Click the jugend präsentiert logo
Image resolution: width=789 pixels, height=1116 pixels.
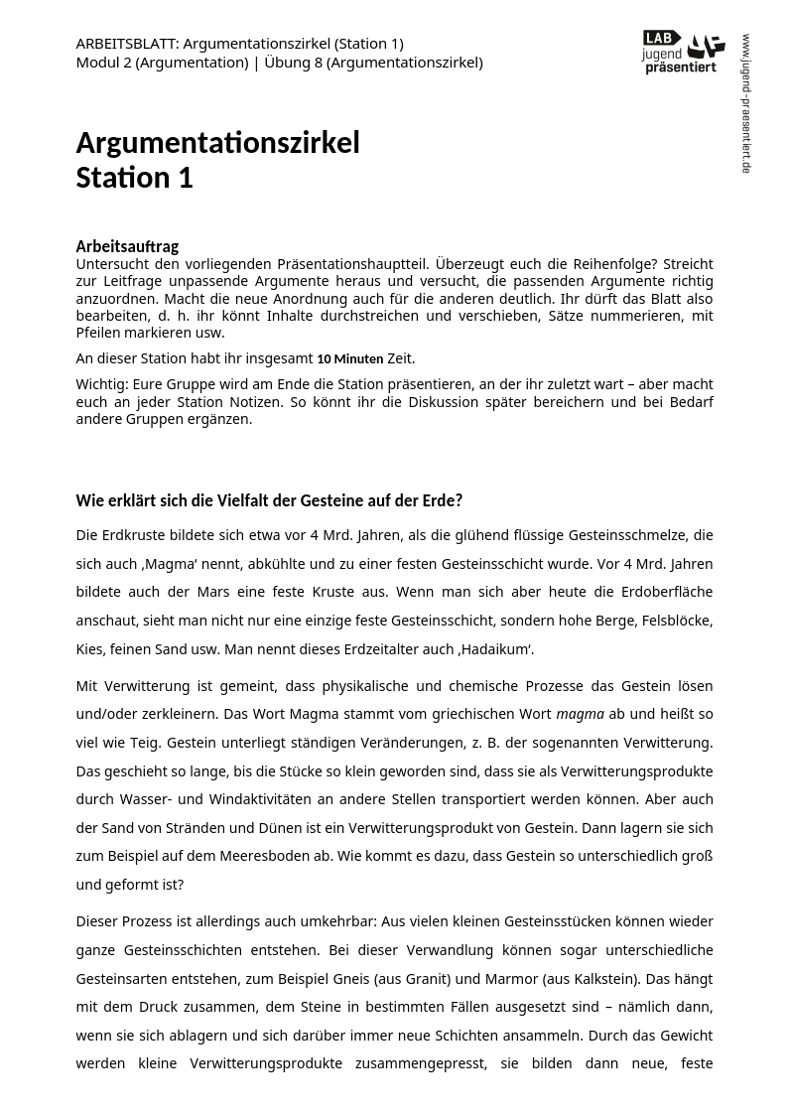pyautogui.click(x=683, y=52)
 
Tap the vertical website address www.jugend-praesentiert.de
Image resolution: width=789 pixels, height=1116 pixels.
pyautogui.click(x=746, y=103)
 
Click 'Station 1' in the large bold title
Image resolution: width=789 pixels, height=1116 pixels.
pyautogui.click(x=134, y=178)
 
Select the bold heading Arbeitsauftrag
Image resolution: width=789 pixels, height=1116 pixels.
pyautogui.click(x=127, y=246)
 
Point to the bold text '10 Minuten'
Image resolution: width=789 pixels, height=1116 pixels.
pyautogui.click(x=349, y=358)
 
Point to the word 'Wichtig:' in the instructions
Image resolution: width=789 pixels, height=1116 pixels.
pyautogui.click(x=100, y=384)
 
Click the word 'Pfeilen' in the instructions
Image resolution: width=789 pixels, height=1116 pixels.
pyautogui.click(x=98, y=333)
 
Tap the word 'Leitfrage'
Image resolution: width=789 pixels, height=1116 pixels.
pyautogui.click(x=125, y=281)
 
